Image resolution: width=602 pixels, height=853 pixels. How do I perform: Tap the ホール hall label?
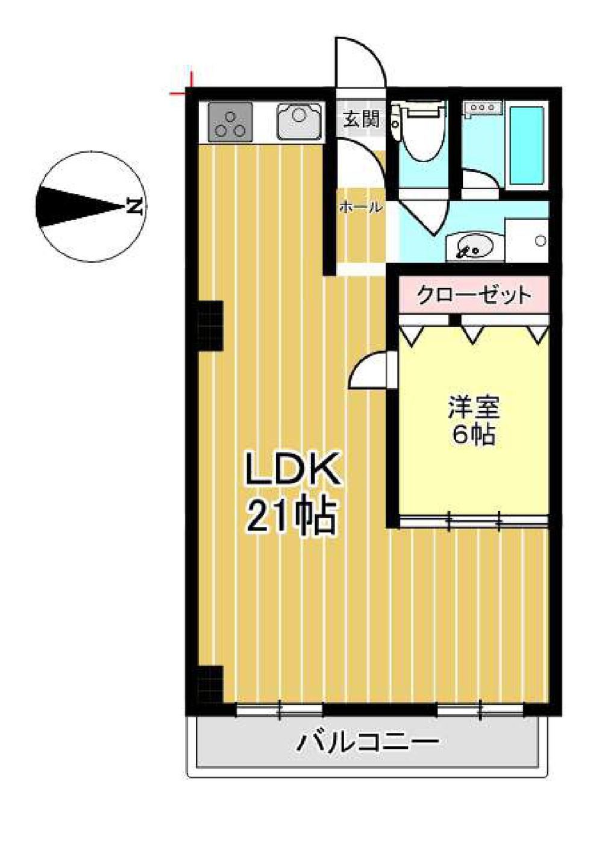tap(360, 207)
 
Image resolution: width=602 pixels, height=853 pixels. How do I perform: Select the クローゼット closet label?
tap(473, 295)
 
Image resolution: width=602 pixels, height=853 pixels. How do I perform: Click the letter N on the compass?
tap(134, 207)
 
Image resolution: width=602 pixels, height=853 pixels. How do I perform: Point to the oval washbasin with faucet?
tap(474, 246)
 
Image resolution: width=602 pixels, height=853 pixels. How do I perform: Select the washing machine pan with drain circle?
tap(527, 240)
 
